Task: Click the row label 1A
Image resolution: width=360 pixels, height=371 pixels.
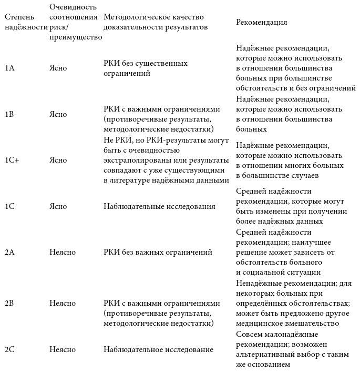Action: click(x=9, y=68)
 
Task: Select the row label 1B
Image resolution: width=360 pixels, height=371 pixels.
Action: click(x=9, y=114)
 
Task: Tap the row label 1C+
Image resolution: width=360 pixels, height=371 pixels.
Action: click(x=12, y=161)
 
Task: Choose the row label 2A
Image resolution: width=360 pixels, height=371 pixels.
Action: click(x=9, y=253)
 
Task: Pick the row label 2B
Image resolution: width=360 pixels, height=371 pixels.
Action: click(x=9, y=304)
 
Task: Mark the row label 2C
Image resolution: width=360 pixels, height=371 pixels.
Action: click(x=9, y=349)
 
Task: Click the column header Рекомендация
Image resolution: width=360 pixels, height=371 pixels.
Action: click(x=262, y=23)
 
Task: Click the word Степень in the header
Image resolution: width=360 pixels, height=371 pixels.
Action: click(x=19, y=17)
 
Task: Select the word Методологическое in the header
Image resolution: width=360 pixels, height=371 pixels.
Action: click(x=134, y=17)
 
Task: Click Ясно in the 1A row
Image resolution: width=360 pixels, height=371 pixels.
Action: click(x=58, y=68)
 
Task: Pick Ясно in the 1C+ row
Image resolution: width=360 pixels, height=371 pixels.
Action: click(x=58, y=161)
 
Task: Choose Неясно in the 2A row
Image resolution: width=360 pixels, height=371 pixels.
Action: click(x=63, y=253)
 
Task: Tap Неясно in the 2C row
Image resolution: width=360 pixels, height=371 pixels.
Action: click(x=63, y=349)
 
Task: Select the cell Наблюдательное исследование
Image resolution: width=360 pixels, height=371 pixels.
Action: click(x=158, y=349)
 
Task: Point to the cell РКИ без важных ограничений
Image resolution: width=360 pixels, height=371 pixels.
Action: click(x=158, y=253)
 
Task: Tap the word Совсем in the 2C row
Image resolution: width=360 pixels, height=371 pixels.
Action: click(x=248, y=335)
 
